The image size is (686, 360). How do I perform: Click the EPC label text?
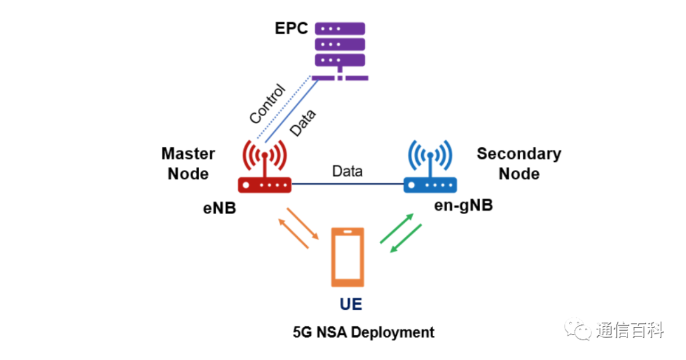[291, 29]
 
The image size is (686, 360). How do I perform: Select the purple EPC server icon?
[340, 51]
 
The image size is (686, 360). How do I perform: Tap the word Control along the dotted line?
[267, 104]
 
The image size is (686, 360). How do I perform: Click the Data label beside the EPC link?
[302, 123]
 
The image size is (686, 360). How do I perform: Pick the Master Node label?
[188, 163]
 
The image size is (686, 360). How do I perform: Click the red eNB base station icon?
[265, 167]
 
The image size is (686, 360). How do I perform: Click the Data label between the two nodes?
[347, 171]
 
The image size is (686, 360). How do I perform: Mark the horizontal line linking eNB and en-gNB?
[347, 184]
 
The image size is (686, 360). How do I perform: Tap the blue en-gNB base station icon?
[430, 167]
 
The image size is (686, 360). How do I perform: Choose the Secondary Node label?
[519, 163]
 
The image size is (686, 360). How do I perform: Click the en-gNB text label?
[463, 205]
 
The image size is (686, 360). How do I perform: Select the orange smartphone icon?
[347, 257]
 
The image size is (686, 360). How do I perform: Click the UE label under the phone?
[351, 304]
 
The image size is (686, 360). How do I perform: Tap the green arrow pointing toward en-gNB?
[396, 228]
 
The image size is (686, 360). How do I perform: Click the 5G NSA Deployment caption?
[363, 332]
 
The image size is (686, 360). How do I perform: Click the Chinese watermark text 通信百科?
[629, 331]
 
